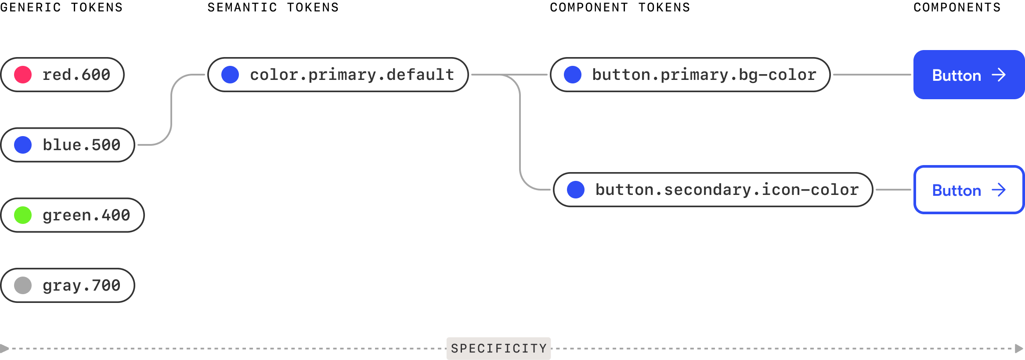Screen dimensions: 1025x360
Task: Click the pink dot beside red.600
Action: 23,75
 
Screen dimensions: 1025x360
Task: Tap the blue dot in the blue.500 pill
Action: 23,145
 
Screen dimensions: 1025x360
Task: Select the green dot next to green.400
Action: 23,215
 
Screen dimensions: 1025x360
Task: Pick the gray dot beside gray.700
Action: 23,285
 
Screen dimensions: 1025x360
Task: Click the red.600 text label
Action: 76,75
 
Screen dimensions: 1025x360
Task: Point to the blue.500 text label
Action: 81,145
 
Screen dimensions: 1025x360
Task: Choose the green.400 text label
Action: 86,215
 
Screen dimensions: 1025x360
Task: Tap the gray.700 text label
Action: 81,285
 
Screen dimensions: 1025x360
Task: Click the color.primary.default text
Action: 352,75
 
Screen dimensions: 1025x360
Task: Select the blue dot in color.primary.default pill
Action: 230,75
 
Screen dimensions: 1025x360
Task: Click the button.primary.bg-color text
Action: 704,75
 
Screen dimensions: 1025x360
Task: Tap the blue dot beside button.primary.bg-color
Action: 573,75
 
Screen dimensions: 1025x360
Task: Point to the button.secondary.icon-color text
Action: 727,190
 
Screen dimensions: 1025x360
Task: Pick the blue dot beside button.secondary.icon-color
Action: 576,190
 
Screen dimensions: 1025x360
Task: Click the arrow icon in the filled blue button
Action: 999,75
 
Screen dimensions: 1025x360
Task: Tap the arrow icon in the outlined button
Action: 999,190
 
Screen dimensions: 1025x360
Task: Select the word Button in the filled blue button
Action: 956,76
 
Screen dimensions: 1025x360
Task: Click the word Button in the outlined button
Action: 956,191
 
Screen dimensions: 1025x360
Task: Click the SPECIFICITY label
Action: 498,349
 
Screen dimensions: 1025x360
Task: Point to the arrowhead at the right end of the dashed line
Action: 1019,349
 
